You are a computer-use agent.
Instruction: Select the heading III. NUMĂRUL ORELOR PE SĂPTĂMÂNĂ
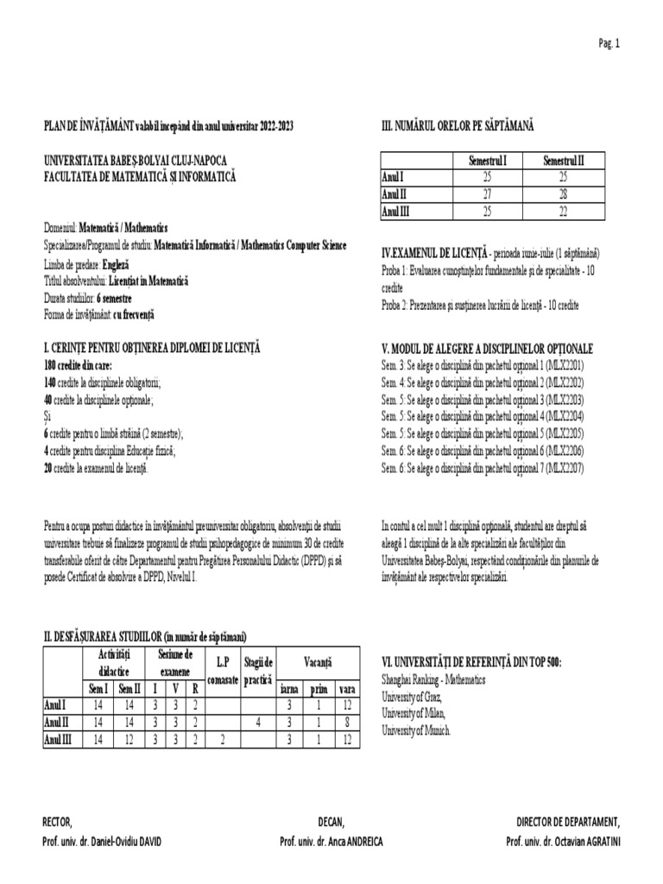(458, 126)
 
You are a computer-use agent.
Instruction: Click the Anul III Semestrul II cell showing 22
(563, 211)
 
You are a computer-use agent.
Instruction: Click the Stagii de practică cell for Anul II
(257, 722)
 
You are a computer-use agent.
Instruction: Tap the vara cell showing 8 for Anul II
(346, 722)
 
